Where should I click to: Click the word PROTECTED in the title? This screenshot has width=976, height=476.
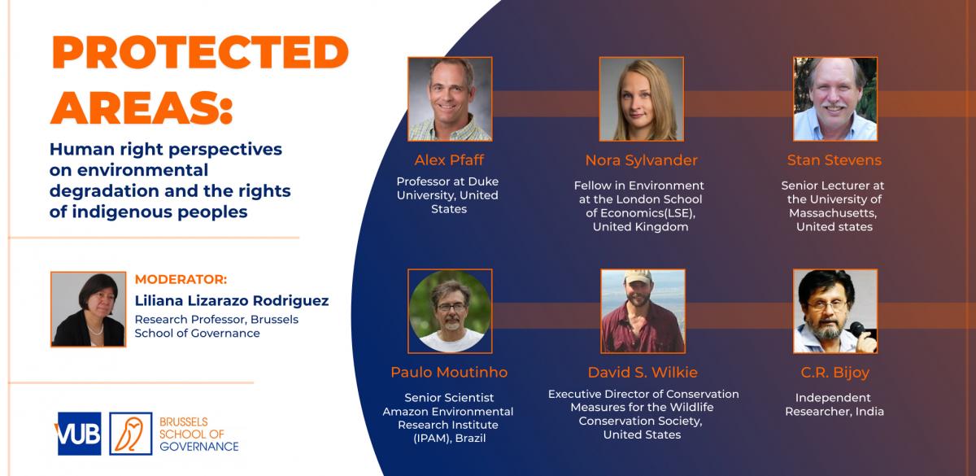(200, 52)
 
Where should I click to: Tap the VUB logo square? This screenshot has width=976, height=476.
(79, 434)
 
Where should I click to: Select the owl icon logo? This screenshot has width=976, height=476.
(131, 434)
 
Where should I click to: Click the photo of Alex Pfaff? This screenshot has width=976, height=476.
(450, 99)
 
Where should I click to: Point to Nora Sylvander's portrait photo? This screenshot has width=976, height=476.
(642, 99)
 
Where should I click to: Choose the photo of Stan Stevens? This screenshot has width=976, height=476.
(834, 99)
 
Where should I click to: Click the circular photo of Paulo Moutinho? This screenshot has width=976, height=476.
(450, 311)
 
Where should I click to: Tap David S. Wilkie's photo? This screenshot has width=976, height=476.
(643, 311)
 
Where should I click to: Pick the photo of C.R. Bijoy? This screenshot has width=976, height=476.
(834, 311)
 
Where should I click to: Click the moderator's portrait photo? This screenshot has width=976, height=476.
(89, 309)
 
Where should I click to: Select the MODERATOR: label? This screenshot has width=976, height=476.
(181, 279)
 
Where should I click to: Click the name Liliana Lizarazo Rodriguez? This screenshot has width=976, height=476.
(232, 300)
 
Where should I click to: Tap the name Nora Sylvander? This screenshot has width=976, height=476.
(642, 160)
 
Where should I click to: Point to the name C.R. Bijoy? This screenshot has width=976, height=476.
(834, 373)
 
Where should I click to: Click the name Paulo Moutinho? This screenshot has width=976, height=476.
(449, 373)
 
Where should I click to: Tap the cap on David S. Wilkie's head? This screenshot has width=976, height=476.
(638, 277)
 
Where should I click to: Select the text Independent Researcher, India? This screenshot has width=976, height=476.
(834, 404)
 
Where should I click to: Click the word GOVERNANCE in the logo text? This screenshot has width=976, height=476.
(199, 447)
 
